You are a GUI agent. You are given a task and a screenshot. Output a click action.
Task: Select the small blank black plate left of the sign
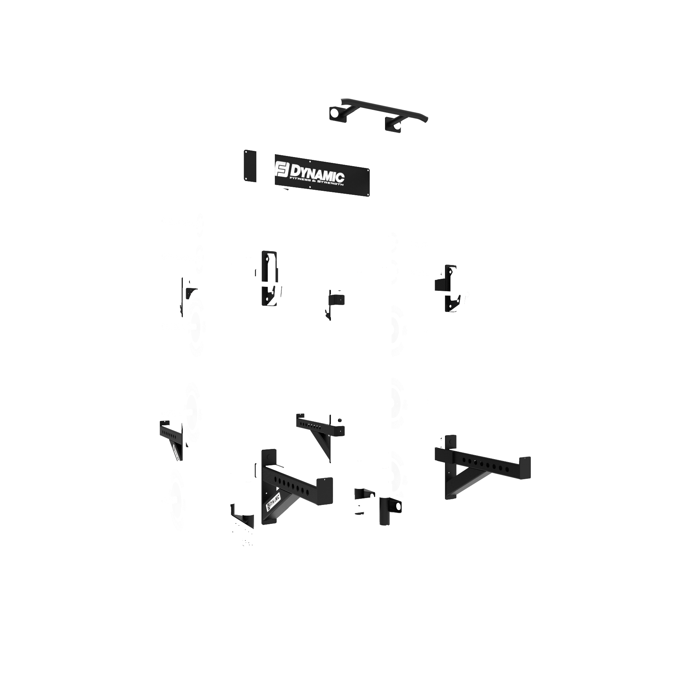(x=250, y=166)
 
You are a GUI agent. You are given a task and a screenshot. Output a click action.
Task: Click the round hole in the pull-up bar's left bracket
(x=333, y=112)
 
